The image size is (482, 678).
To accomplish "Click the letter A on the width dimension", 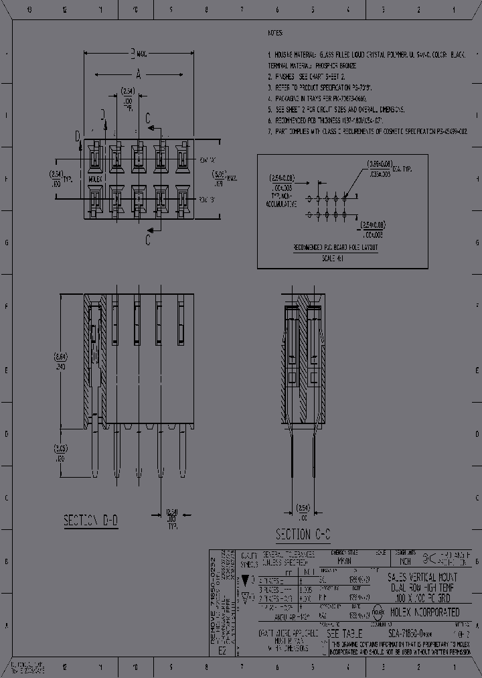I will coord(139,74).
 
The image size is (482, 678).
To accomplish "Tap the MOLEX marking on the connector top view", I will coord(96,179).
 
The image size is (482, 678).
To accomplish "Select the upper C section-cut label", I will coord(149,118).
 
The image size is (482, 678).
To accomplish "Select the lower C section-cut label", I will coord(149,239).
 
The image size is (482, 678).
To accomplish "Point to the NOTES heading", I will coord(274,33).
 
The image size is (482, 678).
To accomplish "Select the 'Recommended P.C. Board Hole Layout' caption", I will coord(335,247).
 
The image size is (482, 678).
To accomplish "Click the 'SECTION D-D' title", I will coord(91,521).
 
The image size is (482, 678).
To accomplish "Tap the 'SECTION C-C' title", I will coord(303,534).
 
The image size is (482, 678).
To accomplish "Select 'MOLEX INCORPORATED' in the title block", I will coord(424,612).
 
